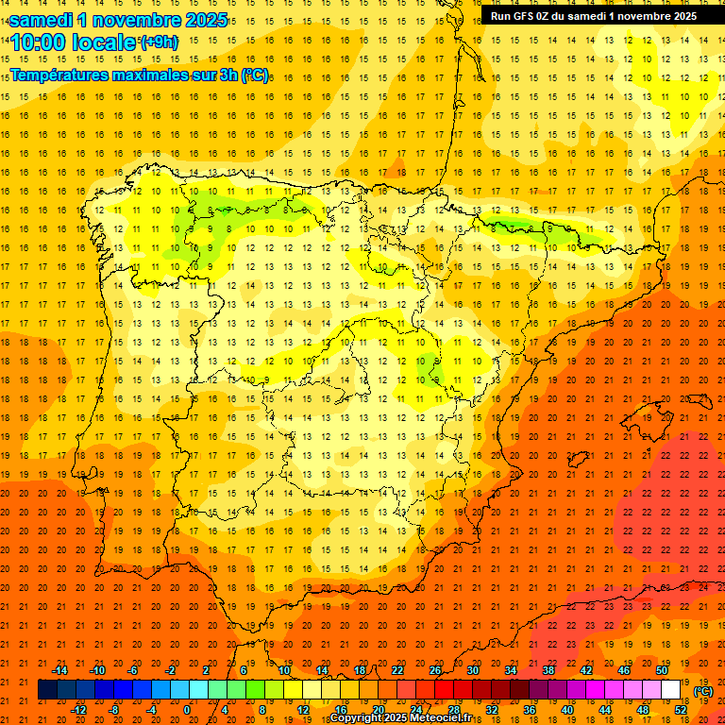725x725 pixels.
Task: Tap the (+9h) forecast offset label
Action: click(x=158, y=42)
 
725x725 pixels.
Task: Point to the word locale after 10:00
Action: click(x=104, y=42)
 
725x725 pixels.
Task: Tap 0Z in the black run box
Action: click(x=548, y=16)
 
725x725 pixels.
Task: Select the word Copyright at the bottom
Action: click(x=356, y=718)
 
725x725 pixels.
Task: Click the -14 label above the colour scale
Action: click(x=59, y=670)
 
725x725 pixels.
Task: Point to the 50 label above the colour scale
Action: click(x=662, y=670)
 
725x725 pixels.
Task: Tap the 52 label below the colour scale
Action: click(x=681, y=710)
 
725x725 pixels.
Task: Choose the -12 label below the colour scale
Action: click(x=78, y=710)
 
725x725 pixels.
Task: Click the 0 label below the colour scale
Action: click(x=187, y=710)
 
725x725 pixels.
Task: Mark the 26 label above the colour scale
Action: click(x=435, y=670)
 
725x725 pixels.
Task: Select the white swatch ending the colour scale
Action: click(x=671, y=690)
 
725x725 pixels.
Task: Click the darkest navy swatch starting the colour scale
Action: click(x=47, y=690)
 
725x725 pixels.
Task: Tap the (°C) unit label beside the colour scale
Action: click(x=703, y=691)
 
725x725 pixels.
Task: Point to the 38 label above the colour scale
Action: click(x=548, y=670)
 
